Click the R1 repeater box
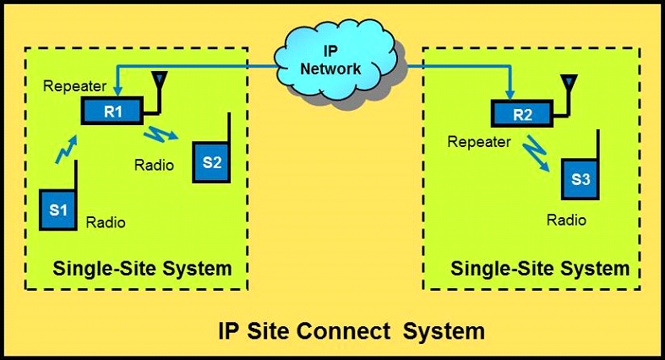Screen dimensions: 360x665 tap(111, 110)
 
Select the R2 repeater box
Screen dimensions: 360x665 tap(521, 113)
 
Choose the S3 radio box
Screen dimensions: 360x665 tap(580, 179)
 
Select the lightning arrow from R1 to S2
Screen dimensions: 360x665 tap(164, 134)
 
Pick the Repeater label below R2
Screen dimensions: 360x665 tap(479, 142)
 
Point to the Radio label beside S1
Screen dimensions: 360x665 tap(106, 222)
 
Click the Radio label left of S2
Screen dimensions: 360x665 tap(154, 165)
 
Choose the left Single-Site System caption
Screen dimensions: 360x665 tap(142, 269)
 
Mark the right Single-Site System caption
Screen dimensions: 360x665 tap(540, 269)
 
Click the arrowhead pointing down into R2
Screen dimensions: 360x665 tap(511, 93)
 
